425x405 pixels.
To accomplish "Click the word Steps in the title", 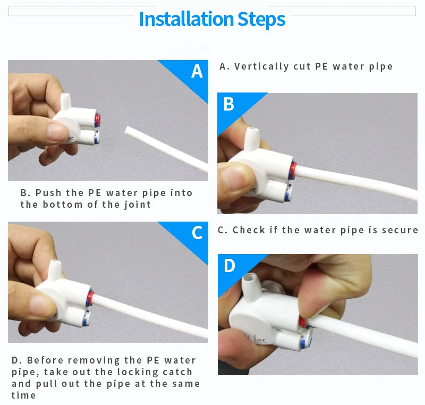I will point(261,19).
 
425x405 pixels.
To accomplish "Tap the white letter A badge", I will point(197,71).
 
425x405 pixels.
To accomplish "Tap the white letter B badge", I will point(229,104).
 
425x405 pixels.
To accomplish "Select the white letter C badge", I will point(197,233).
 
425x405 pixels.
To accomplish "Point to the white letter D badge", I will point(229,265).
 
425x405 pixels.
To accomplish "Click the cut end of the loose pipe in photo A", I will point(127,130).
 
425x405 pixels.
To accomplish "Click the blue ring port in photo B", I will point(288,192).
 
